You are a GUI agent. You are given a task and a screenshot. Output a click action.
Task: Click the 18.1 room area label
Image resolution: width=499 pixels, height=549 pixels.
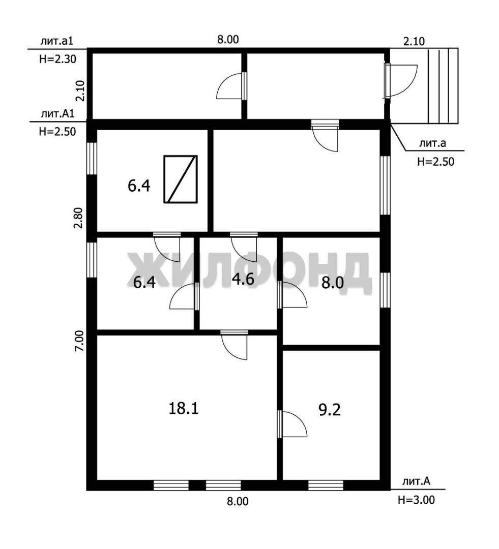click(184, 408)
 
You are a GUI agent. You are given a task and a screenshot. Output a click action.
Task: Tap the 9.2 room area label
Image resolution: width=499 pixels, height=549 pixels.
click(330, 410)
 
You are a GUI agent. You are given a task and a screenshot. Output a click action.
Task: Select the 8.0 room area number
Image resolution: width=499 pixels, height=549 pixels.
click(333, 283)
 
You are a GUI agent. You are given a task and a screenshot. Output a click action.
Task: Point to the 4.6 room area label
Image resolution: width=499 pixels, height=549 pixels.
click(243, 280)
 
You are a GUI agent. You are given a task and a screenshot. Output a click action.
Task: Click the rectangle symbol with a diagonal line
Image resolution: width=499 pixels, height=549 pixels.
click(181, 179)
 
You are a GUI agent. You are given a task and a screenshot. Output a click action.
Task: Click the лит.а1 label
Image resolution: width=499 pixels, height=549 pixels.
click(57, 41)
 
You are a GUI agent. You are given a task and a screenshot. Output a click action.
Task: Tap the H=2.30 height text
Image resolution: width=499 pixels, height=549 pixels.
click(57, 59)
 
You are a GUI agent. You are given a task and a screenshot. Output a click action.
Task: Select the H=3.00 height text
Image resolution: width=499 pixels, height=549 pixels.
click(416, 500)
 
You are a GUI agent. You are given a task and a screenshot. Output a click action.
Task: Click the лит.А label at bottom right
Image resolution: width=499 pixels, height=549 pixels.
click(416, 481)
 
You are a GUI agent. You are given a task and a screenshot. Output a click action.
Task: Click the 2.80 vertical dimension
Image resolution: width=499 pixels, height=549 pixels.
click(78, 218)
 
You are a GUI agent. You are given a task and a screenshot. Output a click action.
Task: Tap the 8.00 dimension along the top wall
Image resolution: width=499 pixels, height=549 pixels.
click(228, 39)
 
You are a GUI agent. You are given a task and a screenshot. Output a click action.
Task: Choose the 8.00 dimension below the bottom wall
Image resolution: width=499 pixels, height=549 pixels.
click(237, 501)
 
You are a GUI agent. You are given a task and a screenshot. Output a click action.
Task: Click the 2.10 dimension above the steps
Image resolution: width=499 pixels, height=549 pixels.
click(414, 41)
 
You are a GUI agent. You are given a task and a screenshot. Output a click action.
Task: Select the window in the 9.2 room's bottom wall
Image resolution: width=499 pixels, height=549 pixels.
click(326, 485)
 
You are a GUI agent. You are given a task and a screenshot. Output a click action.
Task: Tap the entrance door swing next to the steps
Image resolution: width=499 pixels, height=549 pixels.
click(400, 80)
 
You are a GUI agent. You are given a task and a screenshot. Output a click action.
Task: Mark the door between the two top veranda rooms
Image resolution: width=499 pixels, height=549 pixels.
click(231, 86)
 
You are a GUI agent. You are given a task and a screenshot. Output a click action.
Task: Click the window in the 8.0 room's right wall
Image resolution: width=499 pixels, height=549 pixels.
click(385, 290)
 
